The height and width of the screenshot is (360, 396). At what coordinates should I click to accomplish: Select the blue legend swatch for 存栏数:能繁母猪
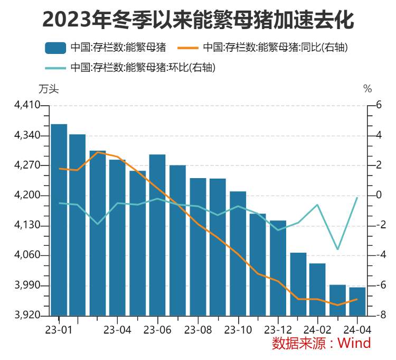click(x=55, y=48)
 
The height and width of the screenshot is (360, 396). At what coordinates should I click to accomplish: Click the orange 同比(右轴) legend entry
click(x=275, y=48)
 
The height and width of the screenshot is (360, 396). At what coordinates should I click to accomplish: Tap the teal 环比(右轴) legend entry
click(x=143, y=67)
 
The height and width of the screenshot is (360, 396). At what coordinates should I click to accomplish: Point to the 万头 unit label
click(x=49, y=89)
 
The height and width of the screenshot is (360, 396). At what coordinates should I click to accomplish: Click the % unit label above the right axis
click(x=367, y=89)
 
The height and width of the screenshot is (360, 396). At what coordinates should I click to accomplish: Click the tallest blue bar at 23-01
click(x=59, y=219)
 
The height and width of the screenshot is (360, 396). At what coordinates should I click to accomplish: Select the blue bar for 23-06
click(x=157, y=235)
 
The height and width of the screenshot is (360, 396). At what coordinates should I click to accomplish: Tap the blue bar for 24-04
click(x=357, y=301)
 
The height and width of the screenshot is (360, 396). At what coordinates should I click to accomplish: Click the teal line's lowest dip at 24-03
click(x=337, y=249)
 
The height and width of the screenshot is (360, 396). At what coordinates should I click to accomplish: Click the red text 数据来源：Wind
click(x=321, y=343)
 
